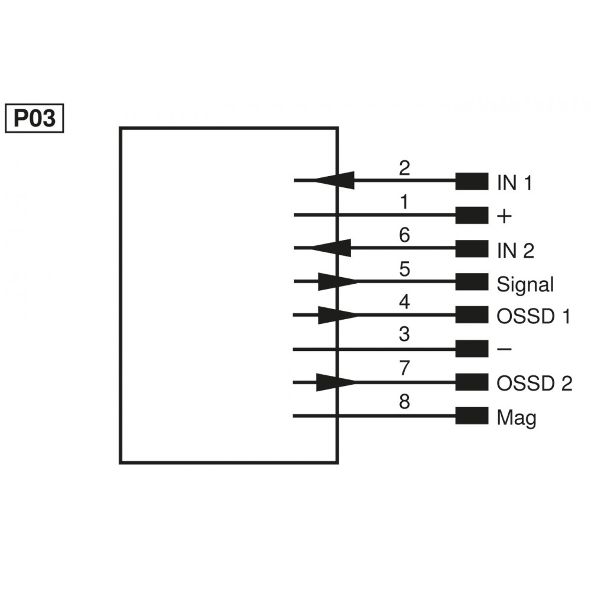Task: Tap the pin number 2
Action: (x=404, y=168)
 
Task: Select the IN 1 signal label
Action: (x=514, y=183)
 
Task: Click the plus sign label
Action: (x=504, y=217)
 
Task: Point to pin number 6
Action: (x=404, y=235)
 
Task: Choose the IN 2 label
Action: (x=515, y=251)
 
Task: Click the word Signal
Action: (x=525, y=284)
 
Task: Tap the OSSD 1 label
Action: (x=533, y=317)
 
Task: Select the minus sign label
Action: (x=504, y=350)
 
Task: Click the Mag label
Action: (x=517, y=418)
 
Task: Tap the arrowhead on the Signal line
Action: (x=336, y=281)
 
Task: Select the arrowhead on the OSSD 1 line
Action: (x=336, y=315)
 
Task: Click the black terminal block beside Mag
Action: (x=472, y=416)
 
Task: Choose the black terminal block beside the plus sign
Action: (x=472, y=215)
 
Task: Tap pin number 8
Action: (x=404, y=403)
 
